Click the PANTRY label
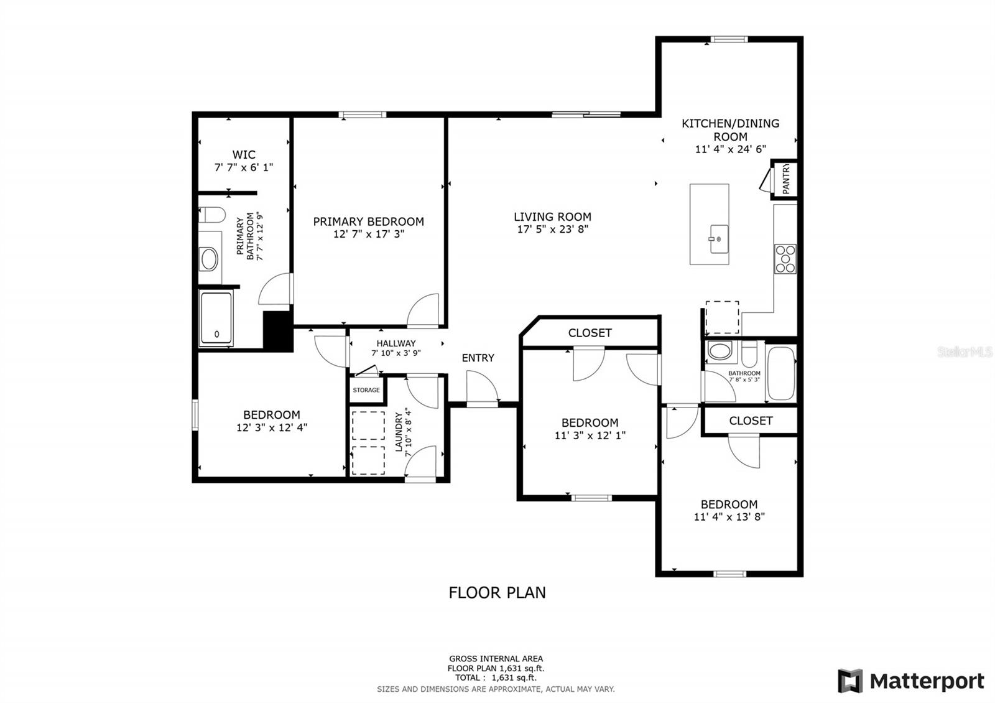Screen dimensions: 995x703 click(x=786, y=179)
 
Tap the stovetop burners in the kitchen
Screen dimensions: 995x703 click(x=785, y=259)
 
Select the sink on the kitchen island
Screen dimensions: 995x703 click(x=719, y=239)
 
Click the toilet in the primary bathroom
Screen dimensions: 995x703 click(x=212, y=215)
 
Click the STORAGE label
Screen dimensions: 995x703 click(x=366, y=390)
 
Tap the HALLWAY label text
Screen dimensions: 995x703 click(x=396, y=343)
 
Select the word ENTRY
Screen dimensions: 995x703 click(x=478, y=358)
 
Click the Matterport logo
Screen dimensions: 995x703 click(x=911, y=681)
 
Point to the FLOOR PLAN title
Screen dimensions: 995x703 click(x=497, y=593)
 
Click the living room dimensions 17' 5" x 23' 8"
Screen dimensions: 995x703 click(x=553, y=230)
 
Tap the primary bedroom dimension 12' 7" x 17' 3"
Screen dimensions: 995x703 click(x=369, y=234)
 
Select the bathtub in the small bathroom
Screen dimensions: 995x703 click(x=781, y=373)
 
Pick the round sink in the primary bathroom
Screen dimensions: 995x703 click(x=209, y=259)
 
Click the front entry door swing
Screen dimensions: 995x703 click(x=483, y=388)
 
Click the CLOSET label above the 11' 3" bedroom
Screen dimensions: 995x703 click(x=590, y=333)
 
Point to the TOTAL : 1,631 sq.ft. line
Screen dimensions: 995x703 click(x=496, y=677)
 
